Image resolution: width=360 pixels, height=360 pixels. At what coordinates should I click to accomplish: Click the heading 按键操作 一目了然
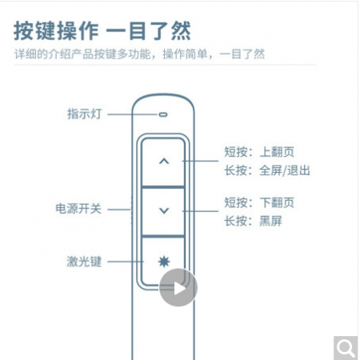(102, 31)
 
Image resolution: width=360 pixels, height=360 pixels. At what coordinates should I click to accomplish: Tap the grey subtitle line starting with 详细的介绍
(139, 54)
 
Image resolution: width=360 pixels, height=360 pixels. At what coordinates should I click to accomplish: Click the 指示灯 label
(85, 114)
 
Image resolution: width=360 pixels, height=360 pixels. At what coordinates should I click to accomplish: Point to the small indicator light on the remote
(163, 114)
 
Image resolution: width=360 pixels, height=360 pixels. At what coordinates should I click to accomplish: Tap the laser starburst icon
(164, 262)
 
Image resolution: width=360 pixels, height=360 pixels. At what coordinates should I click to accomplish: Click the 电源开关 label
(78, 209)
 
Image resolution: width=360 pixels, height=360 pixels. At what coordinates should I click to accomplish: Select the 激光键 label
(84, 262)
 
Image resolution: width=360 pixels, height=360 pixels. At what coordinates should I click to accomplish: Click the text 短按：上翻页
(259, 152)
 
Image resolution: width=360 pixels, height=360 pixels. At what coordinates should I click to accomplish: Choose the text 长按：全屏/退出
(267, 170)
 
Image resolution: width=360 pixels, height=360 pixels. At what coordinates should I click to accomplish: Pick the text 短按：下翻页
(259, 202)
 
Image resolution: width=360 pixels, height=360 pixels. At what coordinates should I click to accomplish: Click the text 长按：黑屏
(253, 221)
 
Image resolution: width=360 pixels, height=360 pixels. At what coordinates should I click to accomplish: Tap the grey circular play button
(178, 288)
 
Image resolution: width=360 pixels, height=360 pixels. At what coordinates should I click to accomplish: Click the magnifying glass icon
(346, 348)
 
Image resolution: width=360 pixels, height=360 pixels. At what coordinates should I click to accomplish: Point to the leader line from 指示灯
(133, 114)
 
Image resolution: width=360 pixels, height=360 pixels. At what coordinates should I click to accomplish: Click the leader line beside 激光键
(126, 262)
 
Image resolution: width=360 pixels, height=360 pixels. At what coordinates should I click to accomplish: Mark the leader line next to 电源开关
(119, 210)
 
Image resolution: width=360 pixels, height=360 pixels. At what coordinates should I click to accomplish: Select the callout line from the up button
(200, 161)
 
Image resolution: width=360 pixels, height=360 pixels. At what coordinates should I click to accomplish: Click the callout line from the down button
(200, 211)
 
